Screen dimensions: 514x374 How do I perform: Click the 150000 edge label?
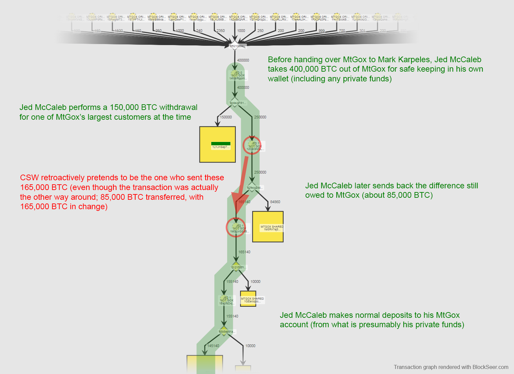226,117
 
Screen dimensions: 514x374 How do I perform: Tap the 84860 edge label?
275,202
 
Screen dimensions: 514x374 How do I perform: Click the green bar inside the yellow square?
221,144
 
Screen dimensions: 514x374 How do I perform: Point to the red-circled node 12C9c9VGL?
252,145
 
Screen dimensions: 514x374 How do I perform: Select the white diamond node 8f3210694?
234,45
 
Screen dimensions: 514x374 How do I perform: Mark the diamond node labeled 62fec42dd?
252,187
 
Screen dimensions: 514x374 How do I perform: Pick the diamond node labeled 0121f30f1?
236,267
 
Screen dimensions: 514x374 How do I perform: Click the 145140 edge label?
213,346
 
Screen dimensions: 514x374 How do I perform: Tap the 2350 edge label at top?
220,31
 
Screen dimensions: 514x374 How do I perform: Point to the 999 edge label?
322,31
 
